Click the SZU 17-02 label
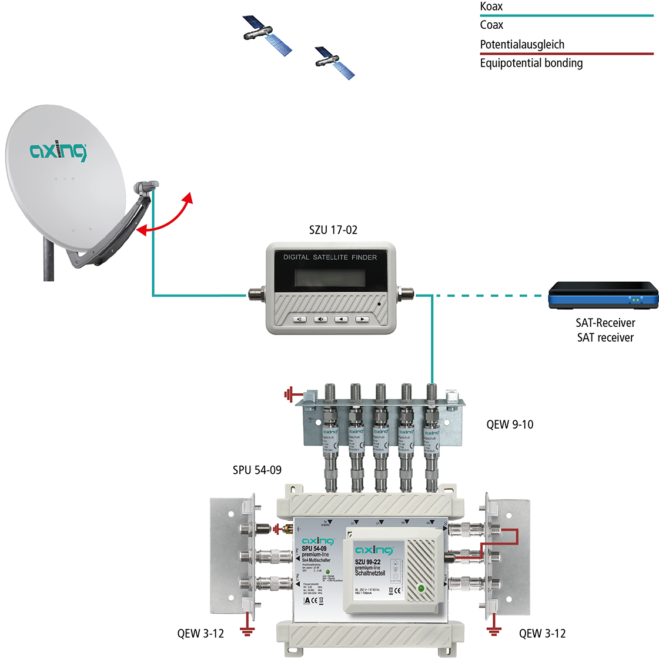tap(333, 230)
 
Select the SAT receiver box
tap(603, 296)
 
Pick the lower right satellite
tap(335, 62)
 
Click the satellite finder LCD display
tap(329, 277)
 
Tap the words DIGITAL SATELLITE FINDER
tap(330, 257)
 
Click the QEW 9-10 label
tap(510, 424)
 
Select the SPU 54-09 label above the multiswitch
tap(257, 470)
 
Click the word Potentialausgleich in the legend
tap(522, 45)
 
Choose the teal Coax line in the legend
tap(566, 15)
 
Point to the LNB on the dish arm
tap(146, 186)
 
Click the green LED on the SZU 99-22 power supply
tap(421, 588)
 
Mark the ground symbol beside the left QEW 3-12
tap(247, 631)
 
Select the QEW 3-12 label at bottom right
tap(542, 633)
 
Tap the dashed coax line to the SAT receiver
tap(488, 296)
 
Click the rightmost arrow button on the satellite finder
tap(362, 319)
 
